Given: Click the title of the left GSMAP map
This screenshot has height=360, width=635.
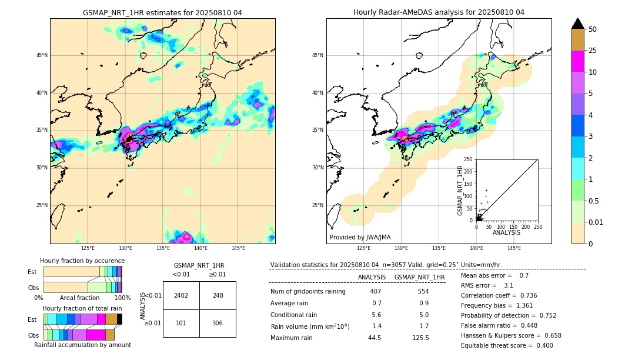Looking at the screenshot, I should click(162, 12).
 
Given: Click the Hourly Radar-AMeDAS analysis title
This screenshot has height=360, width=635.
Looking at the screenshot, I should click(439, 12).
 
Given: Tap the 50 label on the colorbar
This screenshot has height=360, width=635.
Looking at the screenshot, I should click(593, 29).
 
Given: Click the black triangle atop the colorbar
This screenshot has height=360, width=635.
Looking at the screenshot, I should click(578, 24).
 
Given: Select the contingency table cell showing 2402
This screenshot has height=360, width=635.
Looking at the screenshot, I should click(181, 295).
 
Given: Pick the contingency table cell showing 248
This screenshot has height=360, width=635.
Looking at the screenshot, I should click(218, 295).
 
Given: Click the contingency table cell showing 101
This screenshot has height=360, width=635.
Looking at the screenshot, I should click(181, 323).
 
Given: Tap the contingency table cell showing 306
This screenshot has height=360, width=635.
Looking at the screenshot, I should click(218, 323).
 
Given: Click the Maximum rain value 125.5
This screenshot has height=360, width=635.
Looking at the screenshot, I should click(420, 338).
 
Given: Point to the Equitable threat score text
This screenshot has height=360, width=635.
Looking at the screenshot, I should click(507, 345).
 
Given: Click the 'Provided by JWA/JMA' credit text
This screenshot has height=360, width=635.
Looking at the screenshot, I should click(360, 237).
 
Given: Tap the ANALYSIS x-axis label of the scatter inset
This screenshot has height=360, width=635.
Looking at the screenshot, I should click(506, 232).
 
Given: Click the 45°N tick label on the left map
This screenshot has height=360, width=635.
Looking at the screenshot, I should click(42, 55).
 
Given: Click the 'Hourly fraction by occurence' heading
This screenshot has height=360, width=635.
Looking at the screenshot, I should click(82, 261).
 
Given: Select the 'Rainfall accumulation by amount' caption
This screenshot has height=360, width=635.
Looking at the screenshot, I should click(82, 345).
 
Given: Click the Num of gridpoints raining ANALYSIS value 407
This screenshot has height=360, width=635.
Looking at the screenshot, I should click(376, 292).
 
